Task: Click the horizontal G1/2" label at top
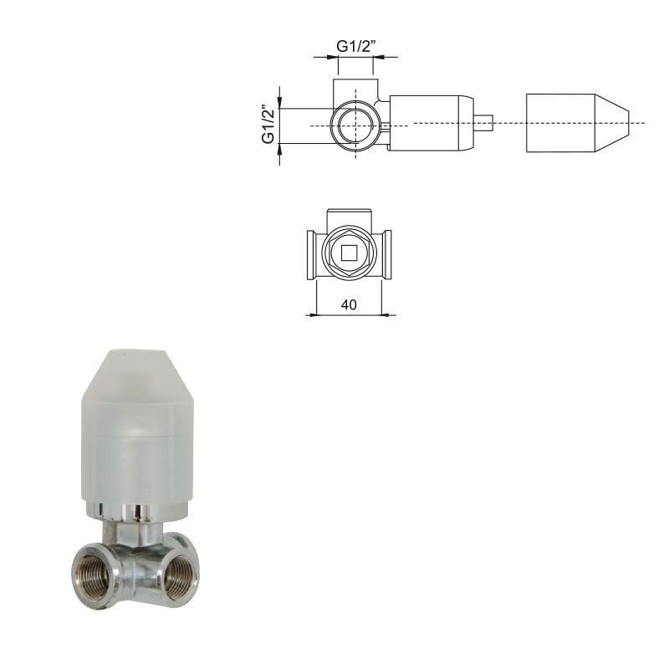tap(356, 46)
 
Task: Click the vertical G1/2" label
tap(268, 124)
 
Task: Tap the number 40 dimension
tap(349, 304)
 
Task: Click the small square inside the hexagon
tap(349, 253)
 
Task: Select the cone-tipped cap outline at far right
tap(577, 123)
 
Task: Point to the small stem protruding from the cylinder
tap(483, 122)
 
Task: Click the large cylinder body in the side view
tap(432, 123)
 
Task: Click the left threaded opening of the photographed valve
tap(93, 574)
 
